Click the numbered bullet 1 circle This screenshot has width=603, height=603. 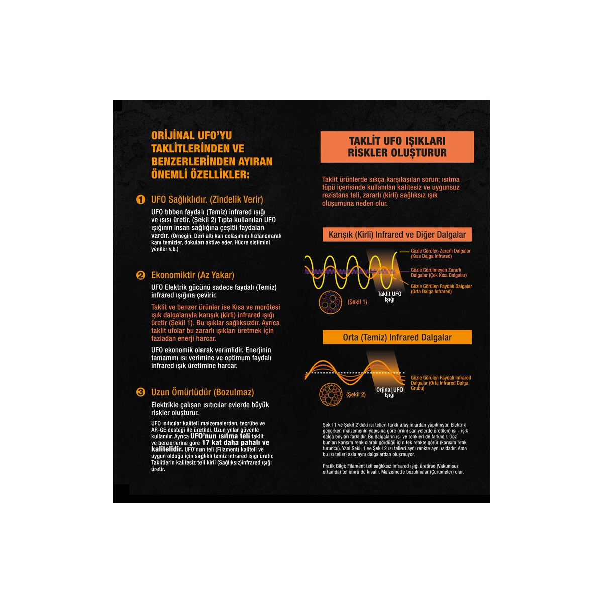coord(141,199)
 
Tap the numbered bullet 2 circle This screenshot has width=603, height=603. coord(141,275)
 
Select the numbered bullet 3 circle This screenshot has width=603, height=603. coord(141,392)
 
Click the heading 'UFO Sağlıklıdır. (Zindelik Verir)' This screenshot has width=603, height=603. coord(207,199)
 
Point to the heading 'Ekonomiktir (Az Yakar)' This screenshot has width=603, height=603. coord(193,275)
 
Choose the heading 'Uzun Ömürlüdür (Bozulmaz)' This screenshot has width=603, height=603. coord(203,392)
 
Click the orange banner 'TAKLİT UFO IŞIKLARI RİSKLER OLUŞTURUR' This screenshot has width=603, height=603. coord(397,147)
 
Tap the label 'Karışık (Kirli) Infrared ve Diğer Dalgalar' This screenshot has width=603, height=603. coord(397,234)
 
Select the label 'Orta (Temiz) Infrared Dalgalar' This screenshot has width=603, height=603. coord(397,337)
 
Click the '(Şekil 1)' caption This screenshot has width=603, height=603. coord(357,302)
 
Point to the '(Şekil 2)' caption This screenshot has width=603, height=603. coord(356,395)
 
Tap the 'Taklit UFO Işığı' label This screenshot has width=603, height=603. coord(389,296)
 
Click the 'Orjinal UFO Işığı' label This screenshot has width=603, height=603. coord(389,392)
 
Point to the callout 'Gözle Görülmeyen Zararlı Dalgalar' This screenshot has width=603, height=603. coord(439,272)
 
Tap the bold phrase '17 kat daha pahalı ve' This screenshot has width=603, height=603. coord(235,443)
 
